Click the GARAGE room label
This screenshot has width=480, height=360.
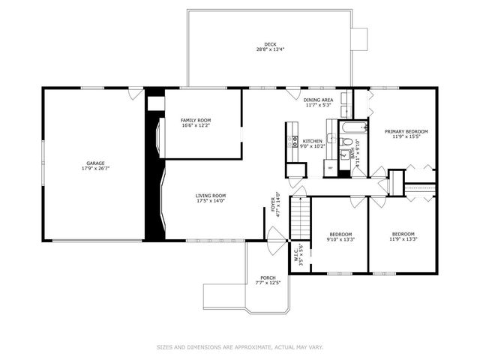(94, 163)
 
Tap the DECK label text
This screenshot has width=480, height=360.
(269, 45)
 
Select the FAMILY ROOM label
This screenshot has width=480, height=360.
(196, 120)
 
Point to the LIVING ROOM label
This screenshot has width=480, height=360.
(211, 196)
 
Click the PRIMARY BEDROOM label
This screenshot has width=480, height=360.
(406, 131)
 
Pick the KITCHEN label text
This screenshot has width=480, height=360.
(313, 141)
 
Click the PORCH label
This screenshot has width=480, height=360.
(268, 277)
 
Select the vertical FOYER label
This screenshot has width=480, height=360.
(274, 205)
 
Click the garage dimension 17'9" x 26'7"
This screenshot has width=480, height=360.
(94, 169)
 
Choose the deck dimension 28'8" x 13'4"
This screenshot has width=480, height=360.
(269, 50)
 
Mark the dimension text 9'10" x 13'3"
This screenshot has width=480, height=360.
(340, 241)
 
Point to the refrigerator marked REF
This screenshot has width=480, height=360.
(330, 168)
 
